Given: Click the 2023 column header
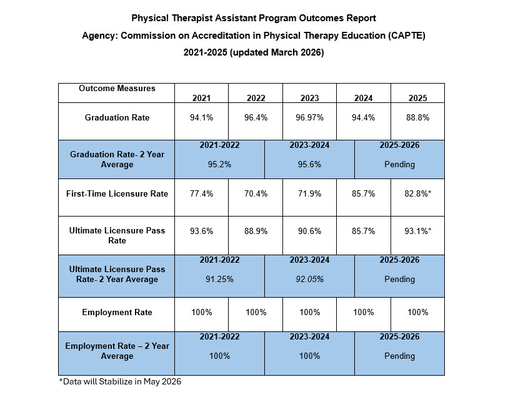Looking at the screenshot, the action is coord(309,98).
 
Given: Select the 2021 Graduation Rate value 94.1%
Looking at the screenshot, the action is coord(202,117).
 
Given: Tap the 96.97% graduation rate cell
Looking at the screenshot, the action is coord(309,117).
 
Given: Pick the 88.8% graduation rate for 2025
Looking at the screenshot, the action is coord(417,117).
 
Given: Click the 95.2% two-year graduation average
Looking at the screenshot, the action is coord(219,164).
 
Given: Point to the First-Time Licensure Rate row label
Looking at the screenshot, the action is coord(117,193).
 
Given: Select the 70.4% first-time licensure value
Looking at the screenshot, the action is coord(256,193).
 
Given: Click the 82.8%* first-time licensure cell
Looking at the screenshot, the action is coord(417,193).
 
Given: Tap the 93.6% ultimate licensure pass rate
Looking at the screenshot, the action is coord(202,231).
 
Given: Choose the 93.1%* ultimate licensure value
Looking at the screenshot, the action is coord(417,231).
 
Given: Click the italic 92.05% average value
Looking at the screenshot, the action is coord(309,279).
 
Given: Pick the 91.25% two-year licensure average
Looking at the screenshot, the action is coord(219,279).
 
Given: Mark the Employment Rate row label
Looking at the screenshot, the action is coord(117,312).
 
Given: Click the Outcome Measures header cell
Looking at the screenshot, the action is coord(117,89).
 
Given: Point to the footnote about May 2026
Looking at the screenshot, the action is coord(120,381).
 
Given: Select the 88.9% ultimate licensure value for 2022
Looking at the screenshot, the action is coord(256,231).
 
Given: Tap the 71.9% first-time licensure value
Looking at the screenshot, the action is coord(309,193).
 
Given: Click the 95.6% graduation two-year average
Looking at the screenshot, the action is coord(309,164).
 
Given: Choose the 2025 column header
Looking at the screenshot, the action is coord(417,98).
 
